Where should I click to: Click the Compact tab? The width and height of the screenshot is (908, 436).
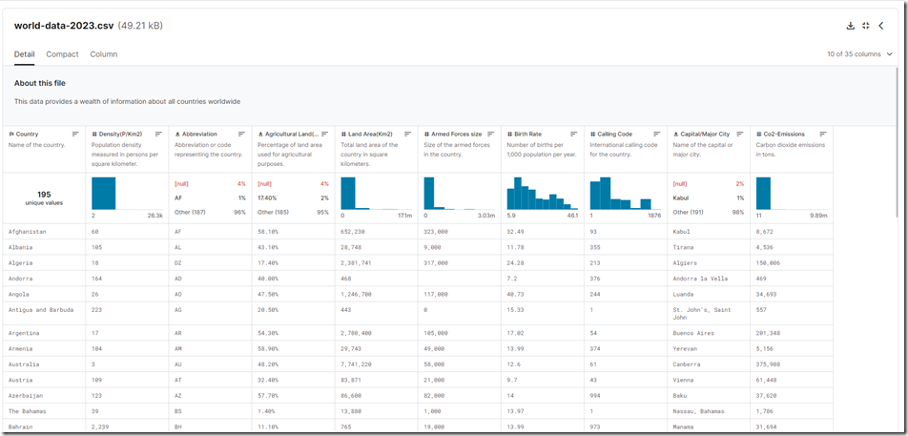click(x=62, y=54)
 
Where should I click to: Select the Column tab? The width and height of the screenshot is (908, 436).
click(x=104, y=54)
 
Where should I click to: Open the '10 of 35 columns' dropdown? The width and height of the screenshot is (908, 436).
click(x=859, y=54)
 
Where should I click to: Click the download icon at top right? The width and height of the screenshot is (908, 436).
click(x=851, y=26)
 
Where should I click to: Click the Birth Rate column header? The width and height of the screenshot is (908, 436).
click(x=527, y=135)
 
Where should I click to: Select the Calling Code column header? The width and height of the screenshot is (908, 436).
click(x=614, y=135)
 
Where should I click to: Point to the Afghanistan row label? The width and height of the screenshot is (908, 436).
click(x=28, y=232)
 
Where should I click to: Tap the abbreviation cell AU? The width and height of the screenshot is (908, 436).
click(x=180, y=363)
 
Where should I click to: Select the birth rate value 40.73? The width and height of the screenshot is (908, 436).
click(x=516, y=294)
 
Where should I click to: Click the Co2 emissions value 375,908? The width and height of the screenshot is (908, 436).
click(x=768, y=363)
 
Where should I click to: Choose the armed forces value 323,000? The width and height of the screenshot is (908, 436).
click(x=436, y=232)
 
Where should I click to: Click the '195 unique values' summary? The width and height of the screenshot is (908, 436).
click(x=44, y=198)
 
